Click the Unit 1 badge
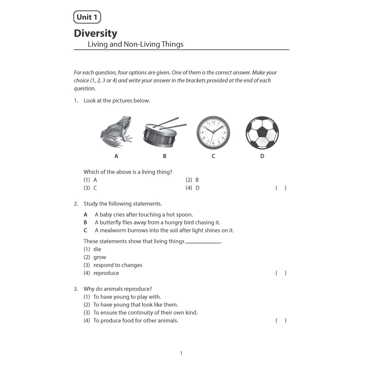87,17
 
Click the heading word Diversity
95,33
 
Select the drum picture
160,136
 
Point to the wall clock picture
213,133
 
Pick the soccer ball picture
262,133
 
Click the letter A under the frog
116,156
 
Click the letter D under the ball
262,156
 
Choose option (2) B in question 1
192,180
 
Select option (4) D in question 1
192,188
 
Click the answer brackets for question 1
281,188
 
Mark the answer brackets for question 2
281,273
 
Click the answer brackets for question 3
281,320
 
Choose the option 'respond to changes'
118,265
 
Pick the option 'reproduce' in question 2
106,273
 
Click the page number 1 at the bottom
181,353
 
